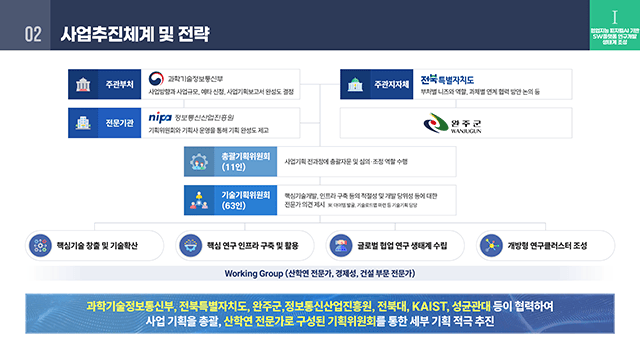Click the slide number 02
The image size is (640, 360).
33,34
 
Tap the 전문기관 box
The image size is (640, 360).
104,123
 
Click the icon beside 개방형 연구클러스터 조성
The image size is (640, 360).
491,244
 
